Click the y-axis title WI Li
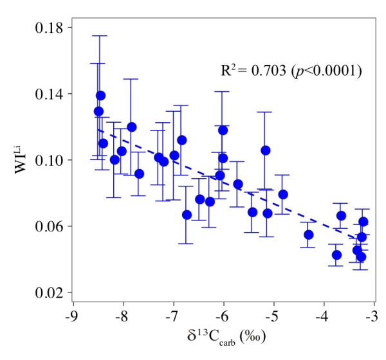[21, 159]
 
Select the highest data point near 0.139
[100, 96]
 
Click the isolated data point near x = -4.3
[309, 235]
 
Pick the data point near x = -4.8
[283, 194]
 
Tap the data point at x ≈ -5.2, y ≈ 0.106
[265, 150]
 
